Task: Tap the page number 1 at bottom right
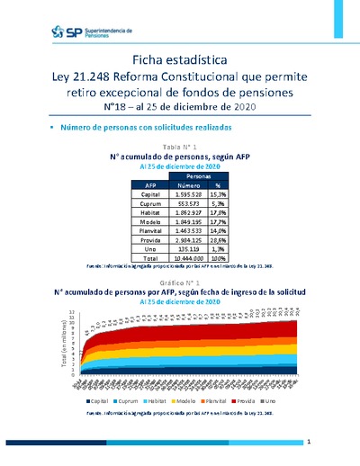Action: tap(308, 443)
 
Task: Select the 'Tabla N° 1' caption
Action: tap(179, 146)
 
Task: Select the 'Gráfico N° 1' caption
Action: tap(179, 283)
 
